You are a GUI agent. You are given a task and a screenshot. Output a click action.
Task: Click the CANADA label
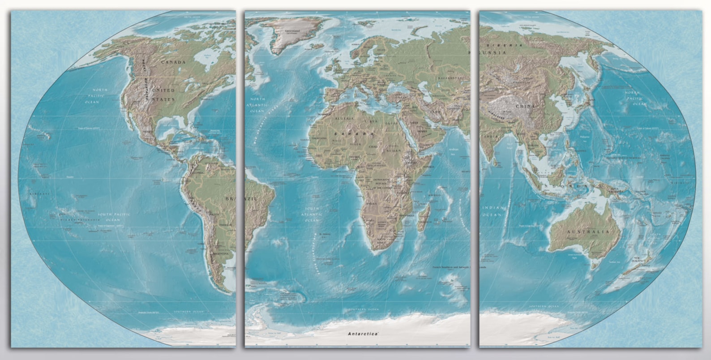click(173, 62)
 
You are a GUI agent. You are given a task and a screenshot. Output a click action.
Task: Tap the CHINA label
click(525, 106)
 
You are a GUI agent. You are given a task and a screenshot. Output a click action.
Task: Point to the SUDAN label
click(394, 151)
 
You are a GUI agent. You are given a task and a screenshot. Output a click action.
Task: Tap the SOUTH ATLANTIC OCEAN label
click(312, 214)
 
